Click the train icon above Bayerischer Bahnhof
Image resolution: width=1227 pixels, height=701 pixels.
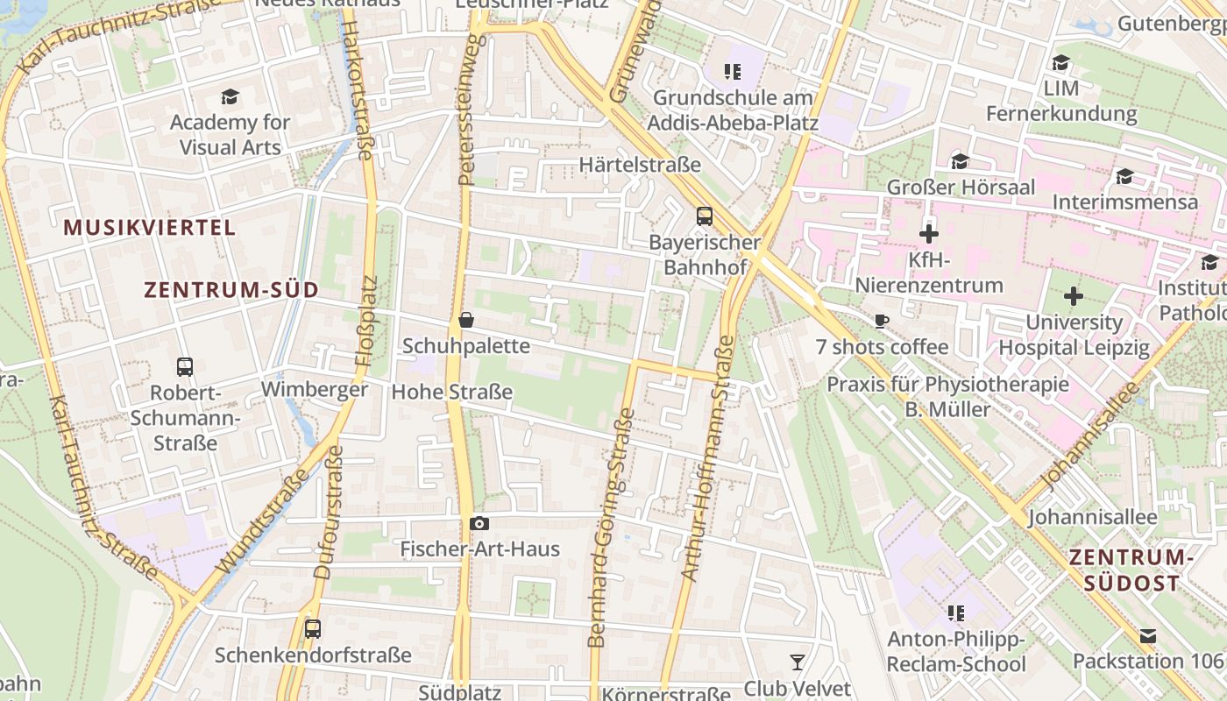click(x=704, y=216)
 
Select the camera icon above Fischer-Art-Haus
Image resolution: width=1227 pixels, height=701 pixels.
click(x=479, y=523)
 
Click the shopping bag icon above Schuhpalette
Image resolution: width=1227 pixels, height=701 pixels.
click(x=466, y=320)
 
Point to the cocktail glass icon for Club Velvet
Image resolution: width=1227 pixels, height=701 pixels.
click(x=797, y=662)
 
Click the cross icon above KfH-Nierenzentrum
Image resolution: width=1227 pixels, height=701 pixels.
click(x=929, y=234)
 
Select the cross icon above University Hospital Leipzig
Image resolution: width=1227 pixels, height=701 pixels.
click(x=1074, y=296)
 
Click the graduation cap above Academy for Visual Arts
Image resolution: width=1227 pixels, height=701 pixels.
click(x=230, y=96)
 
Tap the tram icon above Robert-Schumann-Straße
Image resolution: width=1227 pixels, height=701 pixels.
click(x=185, y=366)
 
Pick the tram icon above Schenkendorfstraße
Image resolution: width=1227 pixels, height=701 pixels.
click(x=313, y=628)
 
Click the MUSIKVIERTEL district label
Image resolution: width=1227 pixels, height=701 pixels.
click(x=150, y=228)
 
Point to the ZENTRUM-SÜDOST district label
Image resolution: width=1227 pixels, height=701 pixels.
click(x=1131, y=570)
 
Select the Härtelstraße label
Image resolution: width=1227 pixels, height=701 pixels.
click(x=640, y=165)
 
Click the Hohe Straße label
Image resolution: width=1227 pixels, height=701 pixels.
click(x=451, y=392)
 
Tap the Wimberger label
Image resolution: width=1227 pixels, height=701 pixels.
click(x=315, y=389)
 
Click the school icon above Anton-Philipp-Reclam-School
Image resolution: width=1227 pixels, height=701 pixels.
click(x=955, y=612)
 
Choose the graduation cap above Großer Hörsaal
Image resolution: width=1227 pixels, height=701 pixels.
click(x=961, y=161)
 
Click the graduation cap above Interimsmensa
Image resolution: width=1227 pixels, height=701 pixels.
click(x=1124, y=176)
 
